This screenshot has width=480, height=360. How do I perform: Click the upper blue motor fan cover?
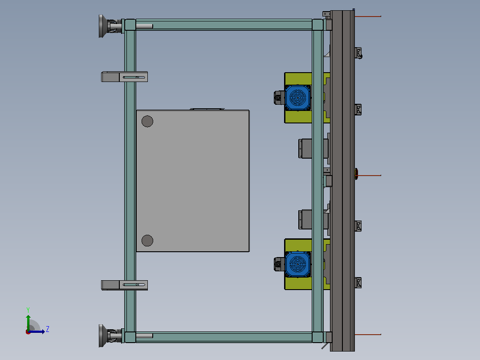(297, 98)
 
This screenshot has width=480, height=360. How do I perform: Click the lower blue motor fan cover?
(297, 264)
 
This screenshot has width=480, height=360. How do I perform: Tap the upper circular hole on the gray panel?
(147, 121)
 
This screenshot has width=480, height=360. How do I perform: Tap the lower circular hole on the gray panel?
(147, 241)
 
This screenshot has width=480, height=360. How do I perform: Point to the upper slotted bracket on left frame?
(124, 77)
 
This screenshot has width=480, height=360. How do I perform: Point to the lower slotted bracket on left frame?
(124, 285)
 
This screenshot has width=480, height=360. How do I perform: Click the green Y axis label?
(28, 310)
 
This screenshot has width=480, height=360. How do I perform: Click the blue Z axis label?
(48, 329)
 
